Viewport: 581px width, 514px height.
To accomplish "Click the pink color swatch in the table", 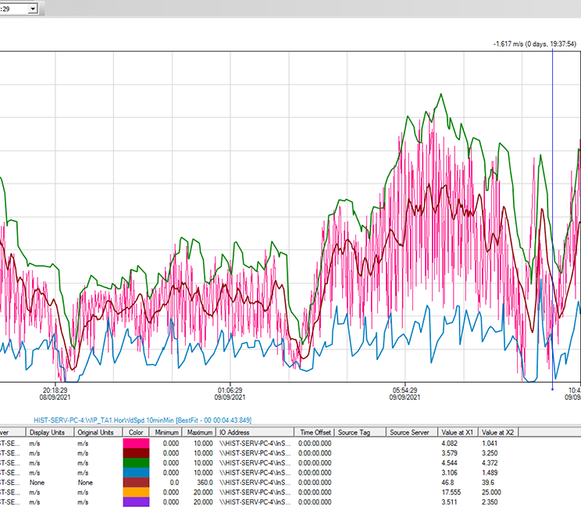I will pos(136,443).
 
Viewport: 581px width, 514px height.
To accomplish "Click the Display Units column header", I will pos(48,432).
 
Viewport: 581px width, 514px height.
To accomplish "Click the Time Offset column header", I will pos(315,432).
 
